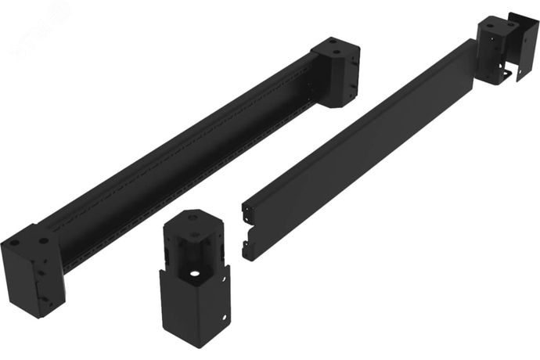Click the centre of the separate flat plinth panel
[x=360, y=149]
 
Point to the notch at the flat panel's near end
[x=250, y=231]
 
